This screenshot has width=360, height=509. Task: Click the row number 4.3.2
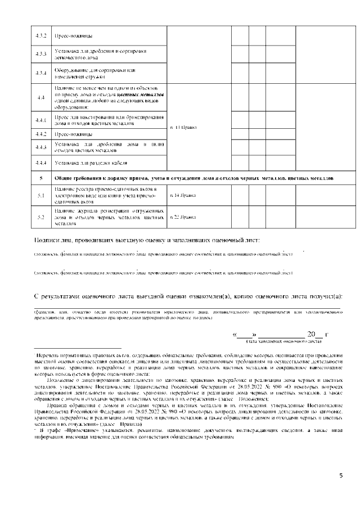(x=40, y=35)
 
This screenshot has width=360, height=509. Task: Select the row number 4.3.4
(x=40, y=74)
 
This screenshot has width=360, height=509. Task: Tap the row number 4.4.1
(x=40, y=120)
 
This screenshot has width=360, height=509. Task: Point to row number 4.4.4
(x=40, y=163)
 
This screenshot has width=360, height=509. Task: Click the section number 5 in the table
(x=40, y=177)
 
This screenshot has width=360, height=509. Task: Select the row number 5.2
(x=40, y=217)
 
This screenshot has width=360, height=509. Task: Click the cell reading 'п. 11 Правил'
(x=183, y=128)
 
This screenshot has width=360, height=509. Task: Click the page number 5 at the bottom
(x=340, y=476)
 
